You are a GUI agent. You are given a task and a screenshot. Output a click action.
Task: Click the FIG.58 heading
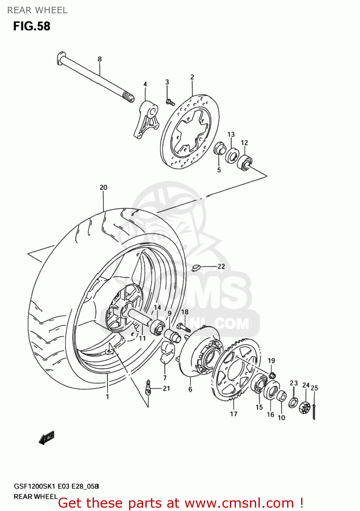click(32, 26)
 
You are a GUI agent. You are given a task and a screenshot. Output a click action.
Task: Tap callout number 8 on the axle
click(99, 59)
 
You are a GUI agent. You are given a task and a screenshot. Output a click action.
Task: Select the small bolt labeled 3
click(170, 102)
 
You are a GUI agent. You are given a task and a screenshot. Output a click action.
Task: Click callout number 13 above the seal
click(231, 134)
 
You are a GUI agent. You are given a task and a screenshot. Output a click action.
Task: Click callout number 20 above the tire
click(103, 187)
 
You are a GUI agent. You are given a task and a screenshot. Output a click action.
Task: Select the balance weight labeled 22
click(195, 268)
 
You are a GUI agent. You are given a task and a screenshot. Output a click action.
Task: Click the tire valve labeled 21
click(148, 388)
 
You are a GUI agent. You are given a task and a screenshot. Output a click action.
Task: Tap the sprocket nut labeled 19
click(272, 375)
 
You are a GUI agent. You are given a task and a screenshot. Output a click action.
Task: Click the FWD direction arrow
click(46, 438)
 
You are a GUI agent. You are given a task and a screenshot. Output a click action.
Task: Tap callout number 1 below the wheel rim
click(107, 397)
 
